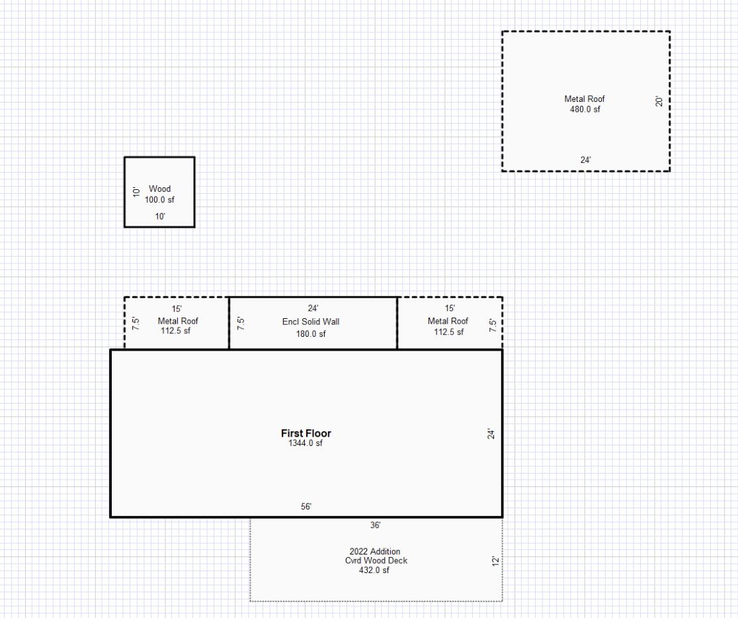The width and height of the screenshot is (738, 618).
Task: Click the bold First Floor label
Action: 306,433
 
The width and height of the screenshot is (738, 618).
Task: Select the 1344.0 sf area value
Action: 306,443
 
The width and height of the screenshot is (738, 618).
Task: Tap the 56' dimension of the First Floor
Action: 306,507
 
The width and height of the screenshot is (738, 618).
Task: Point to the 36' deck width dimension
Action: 375,525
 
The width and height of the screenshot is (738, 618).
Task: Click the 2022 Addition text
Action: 375,551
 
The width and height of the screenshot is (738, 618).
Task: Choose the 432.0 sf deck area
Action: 374,570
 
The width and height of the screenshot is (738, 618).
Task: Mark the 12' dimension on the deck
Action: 493,560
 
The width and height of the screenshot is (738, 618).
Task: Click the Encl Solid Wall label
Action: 311,322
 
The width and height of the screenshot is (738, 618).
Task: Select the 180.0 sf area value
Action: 311,334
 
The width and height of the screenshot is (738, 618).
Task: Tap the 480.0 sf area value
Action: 585,109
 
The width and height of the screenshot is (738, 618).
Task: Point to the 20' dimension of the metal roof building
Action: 659,102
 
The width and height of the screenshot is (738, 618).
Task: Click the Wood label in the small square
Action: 159,189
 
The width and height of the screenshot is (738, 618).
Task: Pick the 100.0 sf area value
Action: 159,199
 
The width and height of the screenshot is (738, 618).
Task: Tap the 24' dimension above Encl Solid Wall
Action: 313,308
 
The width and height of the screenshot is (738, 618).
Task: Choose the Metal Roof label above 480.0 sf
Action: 585,99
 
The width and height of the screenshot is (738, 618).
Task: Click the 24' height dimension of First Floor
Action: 491,434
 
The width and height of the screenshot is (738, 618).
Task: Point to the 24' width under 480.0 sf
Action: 586,160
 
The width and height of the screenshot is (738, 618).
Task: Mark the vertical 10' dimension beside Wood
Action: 136,192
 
